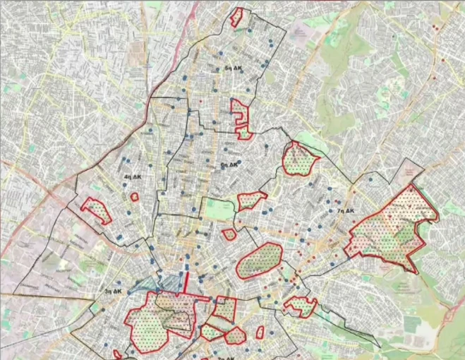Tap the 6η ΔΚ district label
coord(230,164)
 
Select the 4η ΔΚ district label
coord(130,176)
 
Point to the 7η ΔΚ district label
coord(345,210)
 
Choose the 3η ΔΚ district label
coord(113,291)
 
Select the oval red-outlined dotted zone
coord(260,261)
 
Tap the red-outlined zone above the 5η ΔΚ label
coord(239,18)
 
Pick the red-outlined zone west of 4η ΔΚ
coord(97,209)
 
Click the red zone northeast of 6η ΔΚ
coord(299,159)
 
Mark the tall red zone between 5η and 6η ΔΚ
coord(240,116)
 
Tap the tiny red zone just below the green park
coord(229,234)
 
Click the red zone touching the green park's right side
coord(250,200)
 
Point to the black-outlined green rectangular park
coord(219,210)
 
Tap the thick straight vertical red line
coord(186,277)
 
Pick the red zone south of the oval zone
coord(301,306)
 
